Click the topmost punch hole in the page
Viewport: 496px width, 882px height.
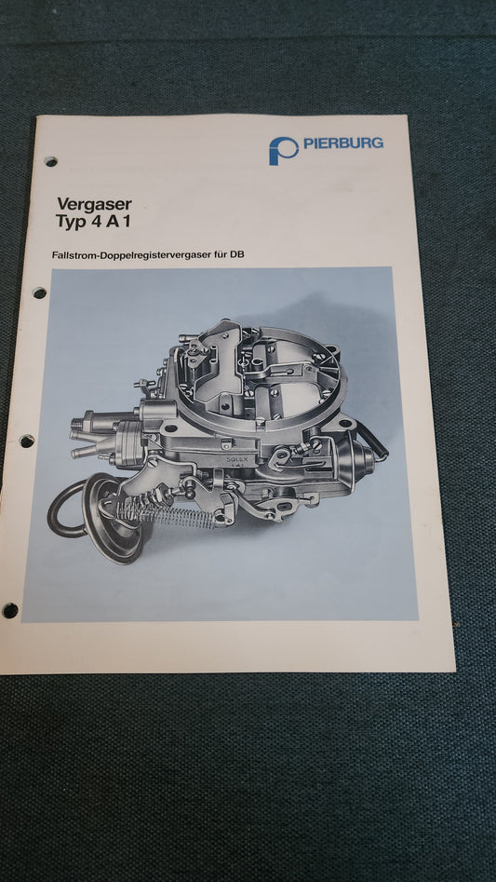tap(50, 161)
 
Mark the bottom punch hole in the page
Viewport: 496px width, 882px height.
tap(10, 610)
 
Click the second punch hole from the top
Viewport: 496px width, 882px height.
tap(39, 292)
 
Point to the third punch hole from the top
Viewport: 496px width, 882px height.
tap(27, 441)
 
